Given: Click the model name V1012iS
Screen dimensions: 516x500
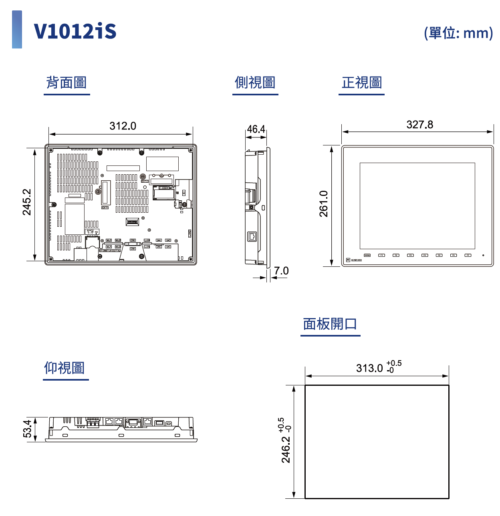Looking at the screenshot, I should (x=75, y=31).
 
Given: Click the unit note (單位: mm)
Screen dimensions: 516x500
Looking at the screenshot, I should (x=458, y=33).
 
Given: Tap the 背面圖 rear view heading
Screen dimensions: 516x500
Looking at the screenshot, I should (x=67, y=83).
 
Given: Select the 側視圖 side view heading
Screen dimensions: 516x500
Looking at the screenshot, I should (x=255, y=83).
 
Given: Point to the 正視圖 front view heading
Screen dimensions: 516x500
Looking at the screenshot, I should (x=361, y=83).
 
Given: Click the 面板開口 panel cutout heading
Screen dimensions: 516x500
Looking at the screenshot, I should (x=330, y=324).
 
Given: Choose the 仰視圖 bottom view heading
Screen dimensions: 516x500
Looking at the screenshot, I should (x=65, y=368).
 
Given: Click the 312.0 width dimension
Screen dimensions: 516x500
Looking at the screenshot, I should (x=123, y=126).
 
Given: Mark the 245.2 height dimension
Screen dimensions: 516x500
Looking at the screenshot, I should (x=27, y=202).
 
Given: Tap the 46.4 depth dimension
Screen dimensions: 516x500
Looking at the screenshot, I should (x=256, y=129).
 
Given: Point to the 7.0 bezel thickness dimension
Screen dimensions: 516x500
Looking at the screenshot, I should (x=281, y=271).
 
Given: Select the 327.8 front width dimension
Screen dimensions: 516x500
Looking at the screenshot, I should (x=419, y=125).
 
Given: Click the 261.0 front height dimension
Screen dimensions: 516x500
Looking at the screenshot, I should (x=324, y=204).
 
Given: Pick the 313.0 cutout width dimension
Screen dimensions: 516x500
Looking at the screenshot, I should (x=369, y=368).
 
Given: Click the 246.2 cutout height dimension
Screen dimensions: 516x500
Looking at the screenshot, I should (x=286, y=449).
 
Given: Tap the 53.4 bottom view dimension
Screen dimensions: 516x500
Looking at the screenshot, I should (x=27, y=429).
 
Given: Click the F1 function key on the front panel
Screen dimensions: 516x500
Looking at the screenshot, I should (x=382, y=255).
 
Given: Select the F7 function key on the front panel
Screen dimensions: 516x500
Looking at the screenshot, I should (x=468, y=255).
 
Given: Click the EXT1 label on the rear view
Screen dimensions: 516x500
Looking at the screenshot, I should (x=105, y=208).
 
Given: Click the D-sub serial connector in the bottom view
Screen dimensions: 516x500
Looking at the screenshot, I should (x=133, y=422).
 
